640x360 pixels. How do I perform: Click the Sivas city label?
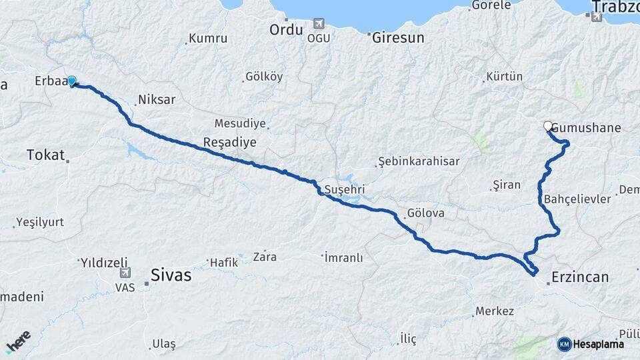coord(171,275)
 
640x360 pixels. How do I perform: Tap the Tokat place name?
coord(45,155)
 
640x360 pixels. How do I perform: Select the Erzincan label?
coord(581,277)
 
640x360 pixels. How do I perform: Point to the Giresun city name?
coord(398,37)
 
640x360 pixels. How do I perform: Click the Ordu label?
coord(287,30)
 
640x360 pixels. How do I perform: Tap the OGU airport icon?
coord(318,25)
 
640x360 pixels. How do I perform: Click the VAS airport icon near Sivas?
coord(125,273)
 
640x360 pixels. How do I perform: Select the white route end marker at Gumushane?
coord(548,126)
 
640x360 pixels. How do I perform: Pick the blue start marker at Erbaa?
coord(72,81)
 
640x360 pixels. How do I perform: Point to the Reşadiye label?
coord(229,143)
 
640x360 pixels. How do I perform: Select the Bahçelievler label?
coord(577,199)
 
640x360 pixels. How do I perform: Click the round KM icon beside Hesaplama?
coord(564,344)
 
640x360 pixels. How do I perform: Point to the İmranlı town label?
coord(345,257)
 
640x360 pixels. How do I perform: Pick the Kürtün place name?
coord(505,77)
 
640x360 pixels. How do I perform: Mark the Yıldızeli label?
coord(105,262)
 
